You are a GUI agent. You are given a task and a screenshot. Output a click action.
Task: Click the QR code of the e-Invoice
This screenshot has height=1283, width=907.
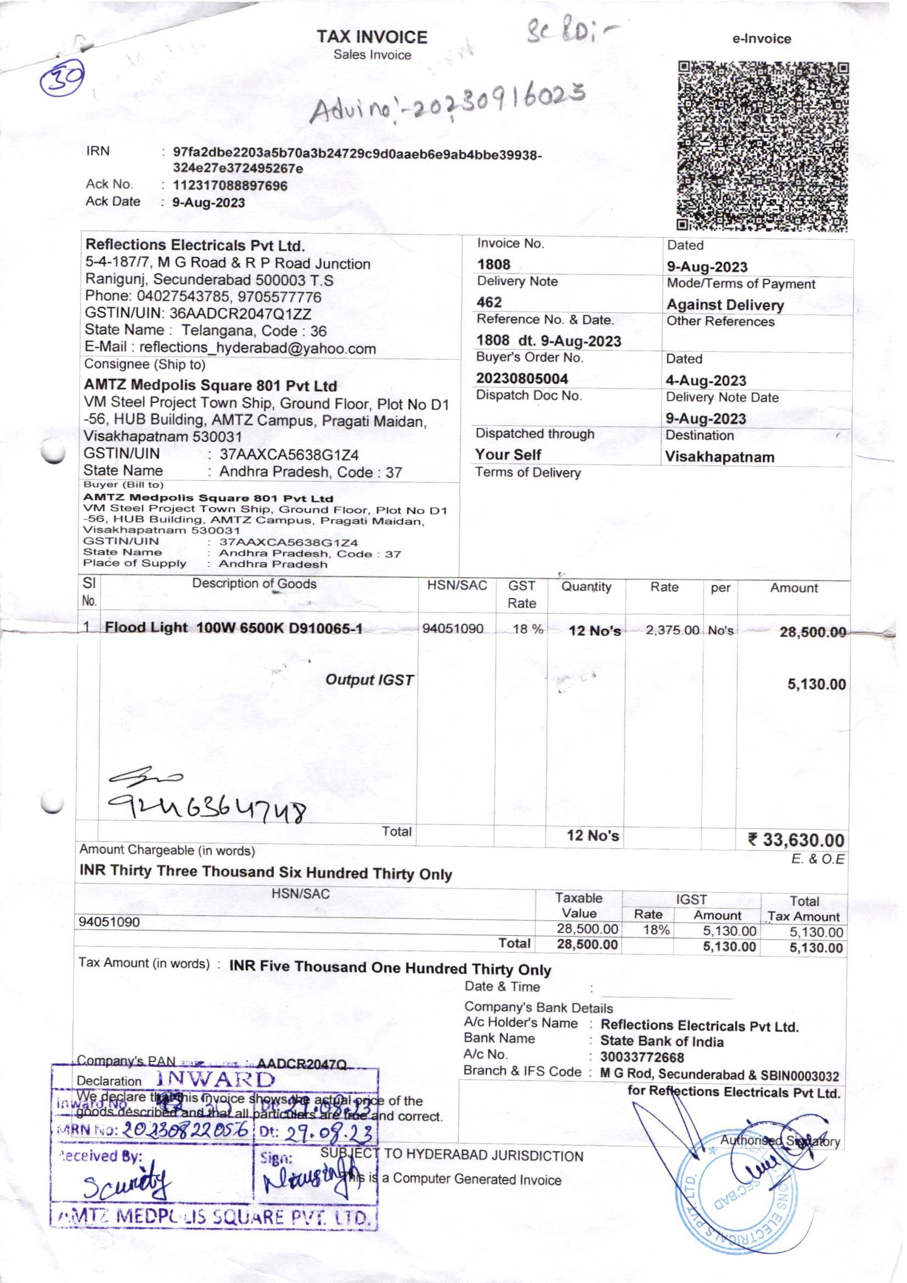click(x=762, y=147)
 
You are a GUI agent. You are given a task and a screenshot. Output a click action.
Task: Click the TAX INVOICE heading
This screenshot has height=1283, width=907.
click(x=371, y=37)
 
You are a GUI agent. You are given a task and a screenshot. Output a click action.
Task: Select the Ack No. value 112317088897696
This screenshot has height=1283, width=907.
click(x=230, y=185)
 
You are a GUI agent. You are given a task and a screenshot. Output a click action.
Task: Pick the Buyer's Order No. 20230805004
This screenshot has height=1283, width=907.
click(x=522, y=379)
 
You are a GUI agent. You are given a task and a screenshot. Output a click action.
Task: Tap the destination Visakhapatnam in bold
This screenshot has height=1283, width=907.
click(x=719, y=457)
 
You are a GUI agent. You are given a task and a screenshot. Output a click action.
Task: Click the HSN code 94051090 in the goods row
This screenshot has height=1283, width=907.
click(x=453, y=629)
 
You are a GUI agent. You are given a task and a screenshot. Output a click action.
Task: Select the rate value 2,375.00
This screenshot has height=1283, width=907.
click(x=672, y=631)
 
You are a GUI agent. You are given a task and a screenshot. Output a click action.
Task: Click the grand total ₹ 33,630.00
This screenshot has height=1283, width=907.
click(x=796, y=840)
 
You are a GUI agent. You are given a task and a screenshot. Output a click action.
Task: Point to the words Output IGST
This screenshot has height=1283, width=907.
click(x=369, y=680)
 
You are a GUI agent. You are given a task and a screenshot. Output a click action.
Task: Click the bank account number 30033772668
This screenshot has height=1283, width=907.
click(x=642, y=1057)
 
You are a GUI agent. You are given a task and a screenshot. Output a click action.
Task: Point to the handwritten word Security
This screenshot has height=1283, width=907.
click(x=128, y=1186)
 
